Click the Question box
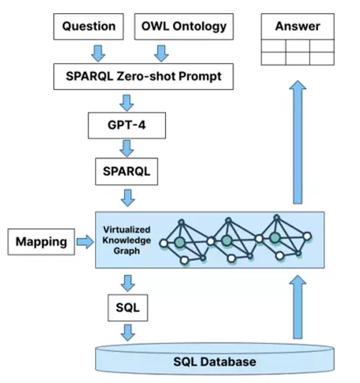[89, 26]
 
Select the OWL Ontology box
[183, 26]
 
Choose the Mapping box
[41, 241]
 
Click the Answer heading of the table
[297, 26]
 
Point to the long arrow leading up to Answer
[297, 140]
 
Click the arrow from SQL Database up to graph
[297, 306]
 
